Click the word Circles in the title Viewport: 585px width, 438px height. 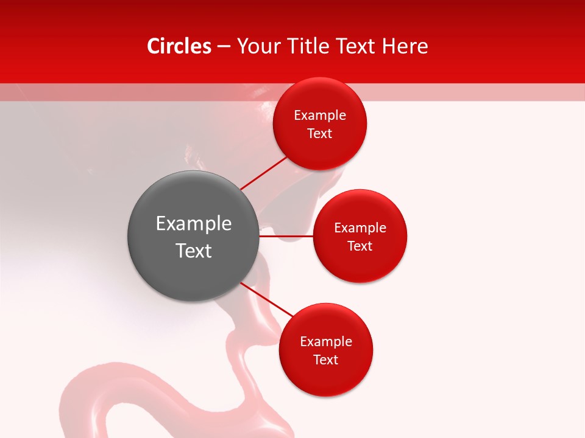point(179,46)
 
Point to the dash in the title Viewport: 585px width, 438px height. point(224,47)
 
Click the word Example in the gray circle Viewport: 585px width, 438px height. point(194,224)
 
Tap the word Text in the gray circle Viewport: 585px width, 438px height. point(194,251)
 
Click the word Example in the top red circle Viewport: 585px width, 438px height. point(320,116)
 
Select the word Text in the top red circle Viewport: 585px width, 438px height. point(320,134)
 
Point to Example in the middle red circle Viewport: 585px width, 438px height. point(360,228)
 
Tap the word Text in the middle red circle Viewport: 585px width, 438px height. point(360,246)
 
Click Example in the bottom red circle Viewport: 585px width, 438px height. point(326,342)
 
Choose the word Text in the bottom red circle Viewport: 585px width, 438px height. point(326,360)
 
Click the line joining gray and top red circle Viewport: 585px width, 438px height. point(263,173)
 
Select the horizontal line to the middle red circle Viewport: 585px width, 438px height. point(286,236)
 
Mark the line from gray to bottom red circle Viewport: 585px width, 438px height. point(266,301)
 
